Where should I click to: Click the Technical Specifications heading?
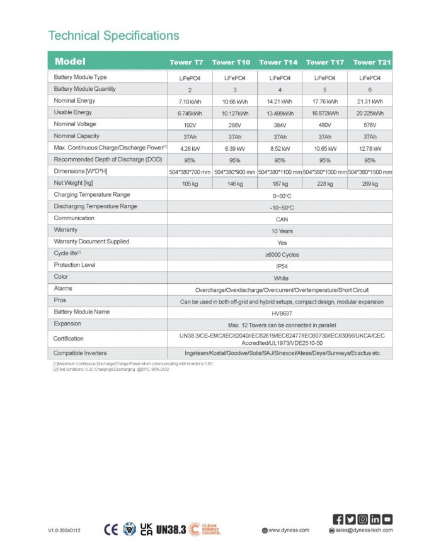(x=113, y=35)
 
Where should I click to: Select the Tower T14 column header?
(x=278, y=62)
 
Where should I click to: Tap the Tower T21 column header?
(x=372, y=62)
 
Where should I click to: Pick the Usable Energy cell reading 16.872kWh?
(x=326, y=113)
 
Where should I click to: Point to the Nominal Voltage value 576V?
(x=370, y=125)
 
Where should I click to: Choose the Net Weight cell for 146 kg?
(x=234, y=184)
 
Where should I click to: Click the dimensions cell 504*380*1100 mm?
(x=280, y=172)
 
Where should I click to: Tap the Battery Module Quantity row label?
(x=85, y=89)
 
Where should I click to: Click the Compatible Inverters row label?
(x=80, y=353)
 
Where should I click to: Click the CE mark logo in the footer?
(x=111, y=529)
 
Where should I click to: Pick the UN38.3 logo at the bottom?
(x=171, y=530)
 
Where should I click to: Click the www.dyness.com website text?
(x=289, y=530)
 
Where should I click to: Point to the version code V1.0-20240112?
(x=65, y=530)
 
